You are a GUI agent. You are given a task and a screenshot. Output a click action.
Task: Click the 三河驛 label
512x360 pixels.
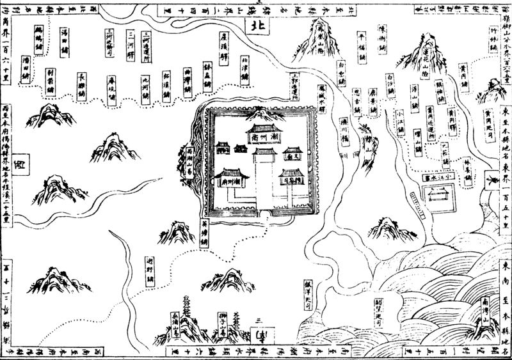tap(131, 41)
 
